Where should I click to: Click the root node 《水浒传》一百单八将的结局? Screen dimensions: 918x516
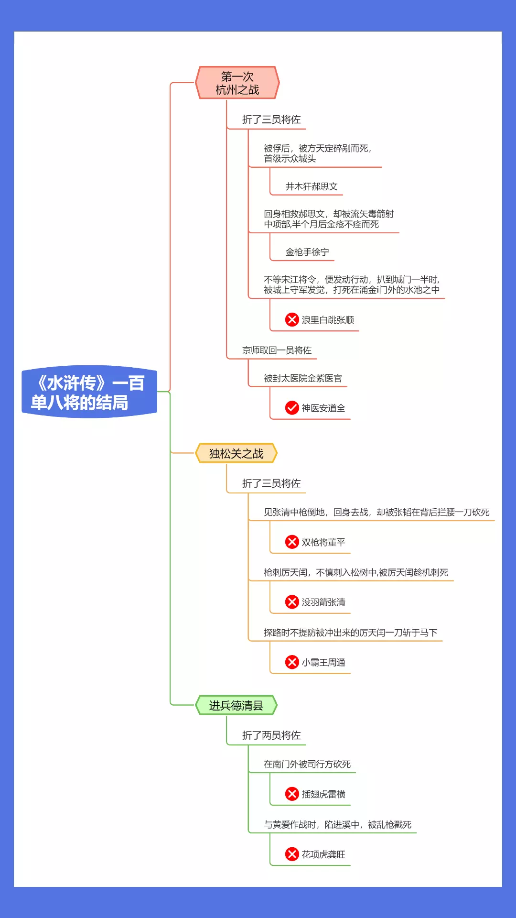(89, 392)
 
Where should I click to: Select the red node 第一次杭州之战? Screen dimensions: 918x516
(237, 83)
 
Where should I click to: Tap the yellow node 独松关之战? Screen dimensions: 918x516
(236, 453)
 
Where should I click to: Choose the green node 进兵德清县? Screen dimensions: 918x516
(236, 705)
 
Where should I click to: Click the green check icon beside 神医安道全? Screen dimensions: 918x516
(292, 408)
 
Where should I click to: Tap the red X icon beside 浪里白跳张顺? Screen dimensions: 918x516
(292, 319)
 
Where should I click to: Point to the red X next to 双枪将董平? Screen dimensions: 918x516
(292, 542)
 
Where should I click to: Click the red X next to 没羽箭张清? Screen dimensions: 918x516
(292, 602)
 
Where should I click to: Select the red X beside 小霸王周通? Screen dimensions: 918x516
(292, 662)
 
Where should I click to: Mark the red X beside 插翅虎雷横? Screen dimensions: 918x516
(292, 794)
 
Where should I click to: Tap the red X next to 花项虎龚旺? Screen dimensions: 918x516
(292, 854)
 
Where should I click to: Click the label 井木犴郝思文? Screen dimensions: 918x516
(312, 186)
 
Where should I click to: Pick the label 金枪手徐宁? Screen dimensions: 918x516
(307, 252)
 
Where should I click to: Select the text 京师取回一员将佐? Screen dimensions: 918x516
(277, 350)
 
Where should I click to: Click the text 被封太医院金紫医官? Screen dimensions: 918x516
(303, 378)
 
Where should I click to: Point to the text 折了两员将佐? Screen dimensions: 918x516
(271, 735)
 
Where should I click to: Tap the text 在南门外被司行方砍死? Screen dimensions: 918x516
(307, 764)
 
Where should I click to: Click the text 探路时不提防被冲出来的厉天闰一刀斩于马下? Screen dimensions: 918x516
(350, 633)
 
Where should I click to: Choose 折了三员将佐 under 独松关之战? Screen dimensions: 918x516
(271, 483)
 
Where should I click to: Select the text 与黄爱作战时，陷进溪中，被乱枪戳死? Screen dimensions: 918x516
(337, 824)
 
